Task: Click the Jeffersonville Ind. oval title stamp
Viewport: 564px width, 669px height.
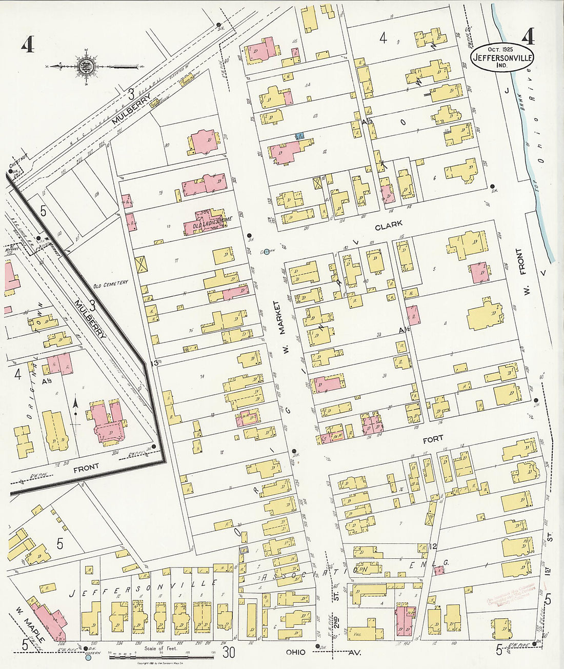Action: coord(502,57)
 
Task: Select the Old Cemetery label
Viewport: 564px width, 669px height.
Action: coord(110,282)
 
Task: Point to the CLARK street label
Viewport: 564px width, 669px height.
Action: coord(388,225)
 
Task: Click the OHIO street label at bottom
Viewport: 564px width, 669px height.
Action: coord(296,652)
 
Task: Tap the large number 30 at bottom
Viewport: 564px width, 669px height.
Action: coord(229,652)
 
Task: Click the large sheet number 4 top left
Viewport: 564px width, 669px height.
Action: coord(27,45)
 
